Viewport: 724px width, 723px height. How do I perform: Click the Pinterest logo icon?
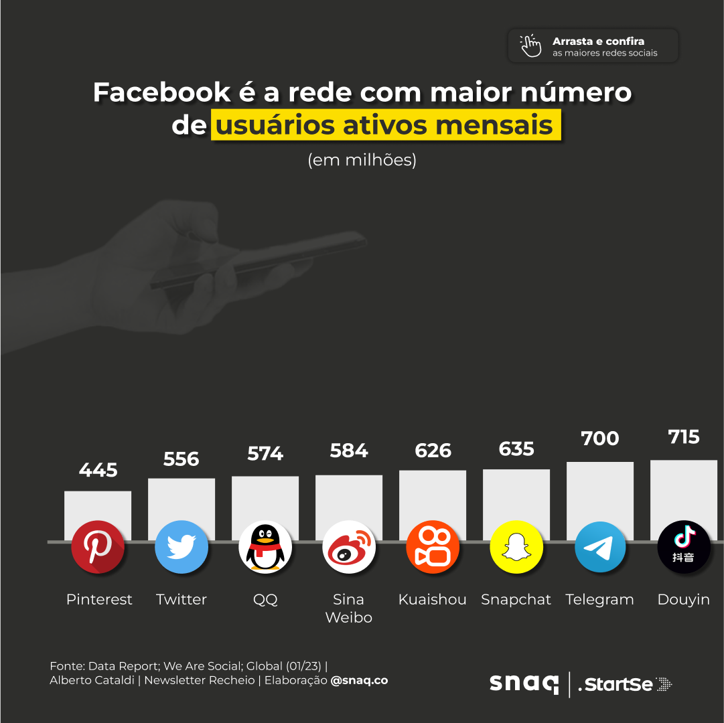[x=98, y=547]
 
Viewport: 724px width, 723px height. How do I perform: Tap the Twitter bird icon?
[x=182, y=547]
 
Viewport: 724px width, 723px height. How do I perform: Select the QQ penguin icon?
[x=265, y=547]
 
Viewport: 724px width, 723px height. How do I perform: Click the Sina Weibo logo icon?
[x=349, y=547]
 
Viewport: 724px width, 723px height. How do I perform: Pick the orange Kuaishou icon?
[x=433, y=547]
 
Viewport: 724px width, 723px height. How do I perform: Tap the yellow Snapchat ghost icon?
[x=516, y=547]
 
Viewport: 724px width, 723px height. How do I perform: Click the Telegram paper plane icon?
[x=600, y=547]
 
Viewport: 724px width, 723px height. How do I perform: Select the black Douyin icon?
[x=684, y=547]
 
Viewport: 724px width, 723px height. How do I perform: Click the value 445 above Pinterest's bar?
[x=98, y=470]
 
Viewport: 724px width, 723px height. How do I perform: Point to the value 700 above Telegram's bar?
[x=600, y=438]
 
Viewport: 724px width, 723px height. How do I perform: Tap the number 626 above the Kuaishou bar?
[x=433, y=451]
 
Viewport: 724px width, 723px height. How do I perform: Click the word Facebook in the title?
[x=160, y=92]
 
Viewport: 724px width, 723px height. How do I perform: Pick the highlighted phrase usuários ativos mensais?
[x=386, y=125]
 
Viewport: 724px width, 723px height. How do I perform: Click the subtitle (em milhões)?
[x=362, y=161]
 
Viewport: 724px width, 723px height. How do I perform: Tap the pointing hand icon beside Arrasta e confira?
[x=531, y=46]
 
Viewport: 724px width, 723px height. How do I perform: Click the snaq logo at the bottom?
[x=524, y=684]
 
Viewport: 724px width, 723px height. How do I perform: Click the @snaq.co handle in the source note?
[x=359, y=680]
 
